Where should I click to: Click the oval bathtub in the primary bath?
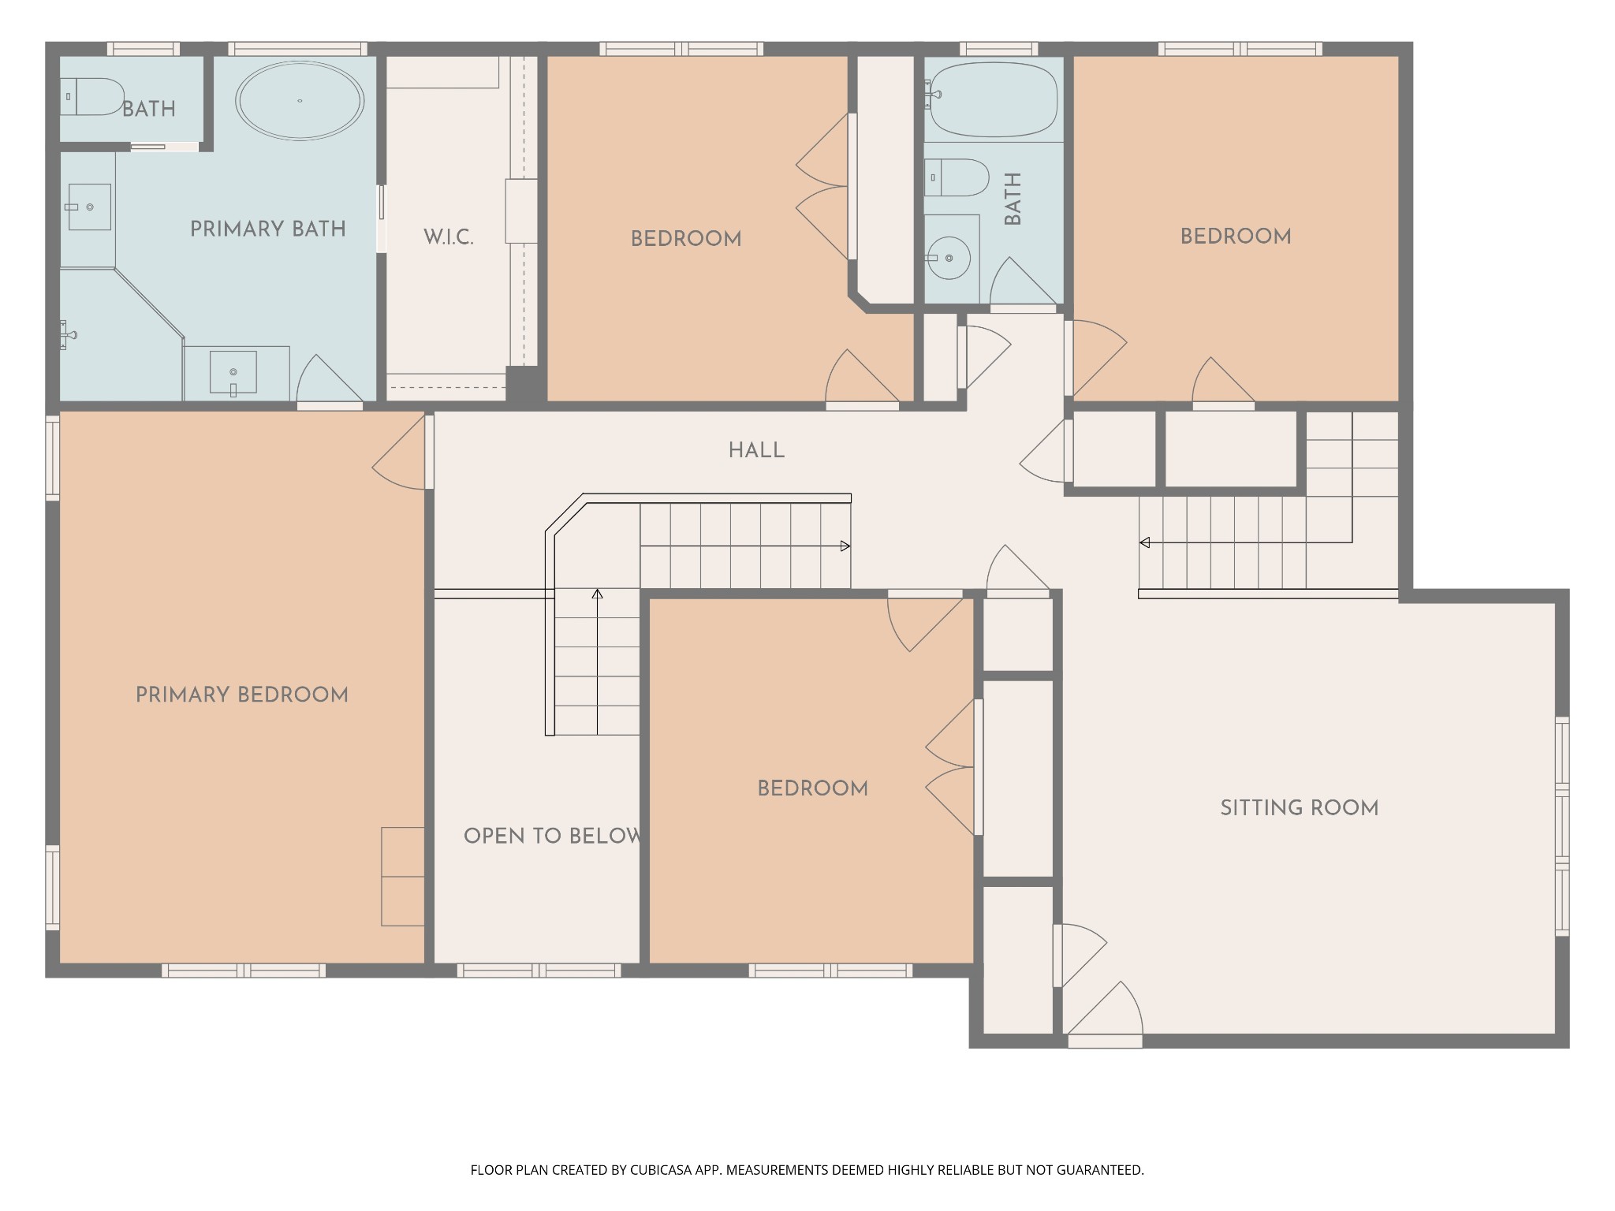pyautogui.click(x=300, y=101)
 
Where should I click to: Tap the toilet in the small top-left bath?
pyautogui.click(x=92, y=96)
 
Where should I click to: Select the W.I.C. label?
pyautogui.click(x=449, y=237)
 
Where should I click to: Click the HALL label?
pyautogui.click(x=756, y=451)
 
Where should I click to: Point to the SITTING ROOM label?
pyautogui.click(x=1300, y=808)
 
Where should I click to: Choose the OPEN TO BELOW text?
pyautogui.click(x=553, y=837)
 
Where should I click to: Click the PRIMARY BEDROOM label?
pyautogui.click(x=242, y=695)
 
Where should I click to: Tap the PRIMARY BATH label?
pyautogui.click(x=268, y=229)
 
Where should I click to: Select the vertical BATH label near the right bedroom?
pyautogui.click(x=1013, y=199)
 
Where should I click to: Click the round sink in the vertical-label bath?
pyautogui.click(x=949, y=258)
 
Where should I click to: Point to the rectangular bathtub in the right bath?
pyautogui.click(x=994, y=100)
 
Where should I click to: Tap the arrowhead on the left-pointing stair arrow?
pyautogui.click(x=1144, y=542)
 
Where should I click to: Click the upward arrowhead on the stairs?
pyautogui.click(x=598, y=594)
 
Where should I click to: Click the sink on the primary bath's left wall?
pyautogui.click(x=89, y=207)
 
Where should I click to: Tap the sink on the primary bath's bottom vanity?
pyautogui.click(x=233, y=372)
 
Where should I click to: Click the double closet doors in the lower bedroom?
pyautogui.click(x=950, y=767)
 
